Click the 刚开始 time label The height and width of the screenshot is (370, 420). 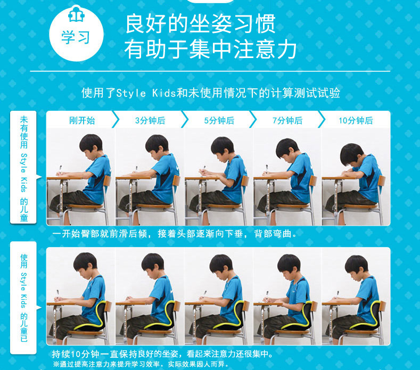(82, 120)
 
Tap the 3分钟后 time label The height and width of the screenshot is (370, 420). (150, 120)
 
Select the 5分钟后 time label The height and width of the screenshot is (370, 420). (219, 120)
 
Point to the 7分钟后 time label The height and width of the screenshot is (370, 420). (287, 120)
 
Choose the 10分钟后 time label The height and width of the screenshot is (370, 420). (356, 120)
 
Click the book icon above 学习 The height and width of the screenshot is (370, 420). (76, 14)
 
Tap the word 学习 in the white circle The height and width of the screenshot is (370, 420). (76, 37)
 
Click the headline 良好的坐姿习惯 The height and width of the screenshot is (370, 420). (201, 24)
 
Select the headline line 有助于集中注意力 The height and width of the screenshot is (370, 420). (211, 50)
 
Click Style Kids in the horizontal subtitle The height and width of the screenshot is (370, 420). (146, 93)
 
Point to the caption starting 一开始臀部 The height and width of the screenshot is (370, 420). (175, 234)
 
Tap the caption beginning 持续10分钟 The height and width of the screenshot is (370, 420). (162, 354)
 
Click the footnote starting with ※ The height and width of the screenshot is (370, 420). (141, 364)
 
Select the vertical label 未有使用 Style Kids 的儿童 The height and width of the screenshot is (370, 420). (24, 169)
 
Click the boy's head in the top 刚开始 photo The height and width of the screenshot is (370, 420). (91, 146)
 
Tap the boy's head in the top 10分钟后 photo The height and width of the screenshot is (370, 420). (352, 155)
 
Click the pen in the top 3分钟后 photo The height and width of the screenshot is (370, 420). (137, 169)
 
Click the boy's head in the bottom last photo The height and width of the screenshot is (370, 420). (357, 267)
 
